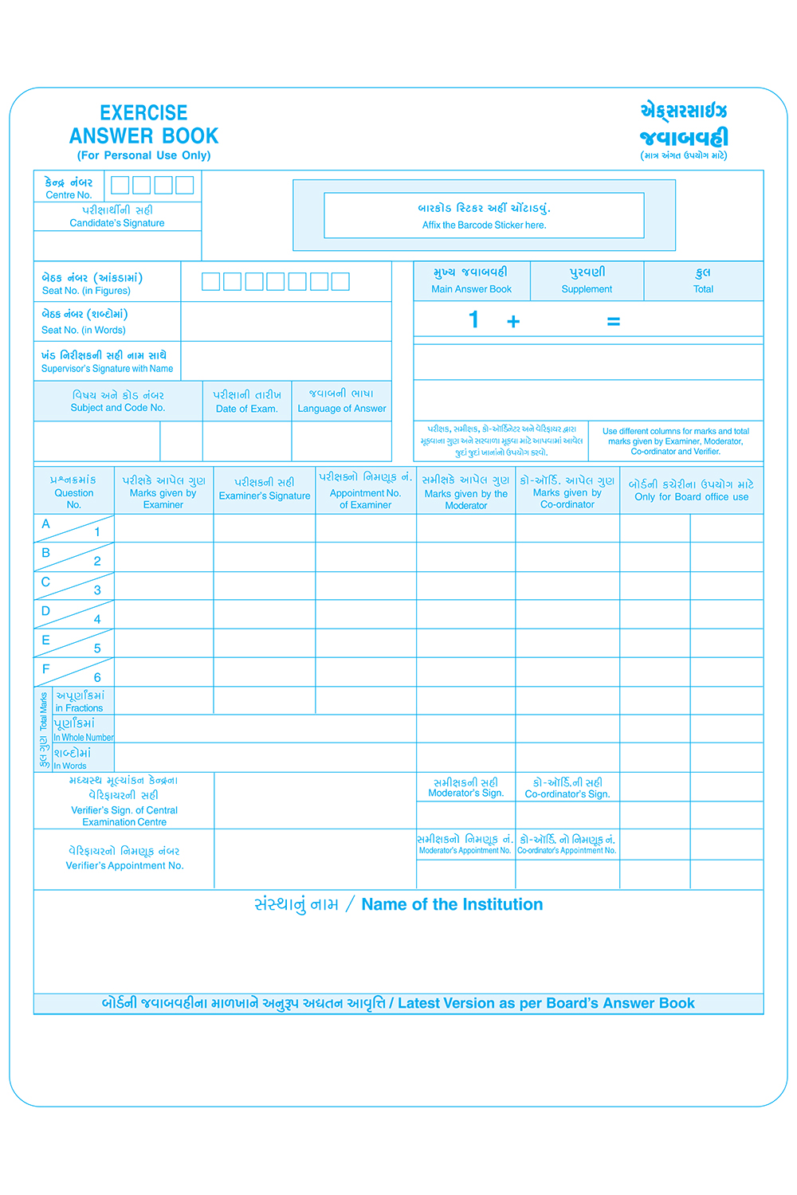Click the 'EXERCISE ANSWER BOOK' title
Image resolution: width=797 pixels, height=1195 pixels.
(x=143, y=124)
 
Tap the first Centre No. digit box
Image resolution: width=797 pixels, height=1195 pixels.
(x=120, y=185)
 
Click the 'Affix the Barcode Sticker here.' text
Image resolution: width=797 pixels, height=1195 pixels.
(x=484, y=225)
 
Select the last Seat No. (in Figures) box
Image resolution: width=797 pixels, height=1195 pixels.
(x=340, y=281)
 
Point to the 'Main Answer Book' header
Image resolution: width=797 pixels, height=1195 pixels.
(x=471, y=289)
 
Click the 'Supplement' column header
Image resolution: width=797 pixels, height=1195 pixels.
(x=587, y=289)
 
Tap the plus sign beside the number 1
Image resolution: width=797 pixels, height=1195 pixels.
(x=513, y=321)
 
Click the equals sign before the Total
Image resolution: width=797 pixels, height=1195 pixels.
(x=613, y=322)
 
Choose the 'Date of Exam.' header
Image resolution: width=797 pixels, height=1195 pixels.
(x=247, y=409)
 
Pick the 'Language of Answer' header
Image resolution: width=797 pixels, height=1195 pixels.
(x=342, y=409)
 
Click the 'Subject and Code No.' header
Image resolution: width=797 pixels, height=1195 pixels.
(x=118, y=408)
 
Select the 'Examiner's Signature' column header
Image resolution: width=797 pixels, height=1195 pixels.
(x=265, y=496)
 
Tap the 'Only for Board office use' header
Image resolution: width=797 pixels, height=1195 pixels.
(x=691, y=497)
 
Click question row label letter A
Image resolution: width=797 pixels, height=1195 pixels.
(x=45, y=524)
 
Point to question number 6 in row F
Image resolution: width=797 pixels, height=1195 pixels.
(x=97, y=678)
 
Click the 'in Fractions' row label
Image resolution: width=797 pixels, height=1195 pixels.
(x=79, y=708)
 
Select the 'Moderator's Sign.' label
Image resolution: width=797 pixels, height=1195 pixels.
(x=465, y=793)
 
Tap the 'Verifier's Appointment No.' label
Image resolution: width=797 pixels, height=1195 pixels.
(x=124, y=866)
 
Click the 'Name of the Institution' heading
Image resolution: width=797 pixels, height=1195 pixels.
(x=452, y=905)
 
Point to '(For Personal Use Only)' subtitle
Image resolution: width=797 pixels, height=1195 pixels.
(x=143, y=155)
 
